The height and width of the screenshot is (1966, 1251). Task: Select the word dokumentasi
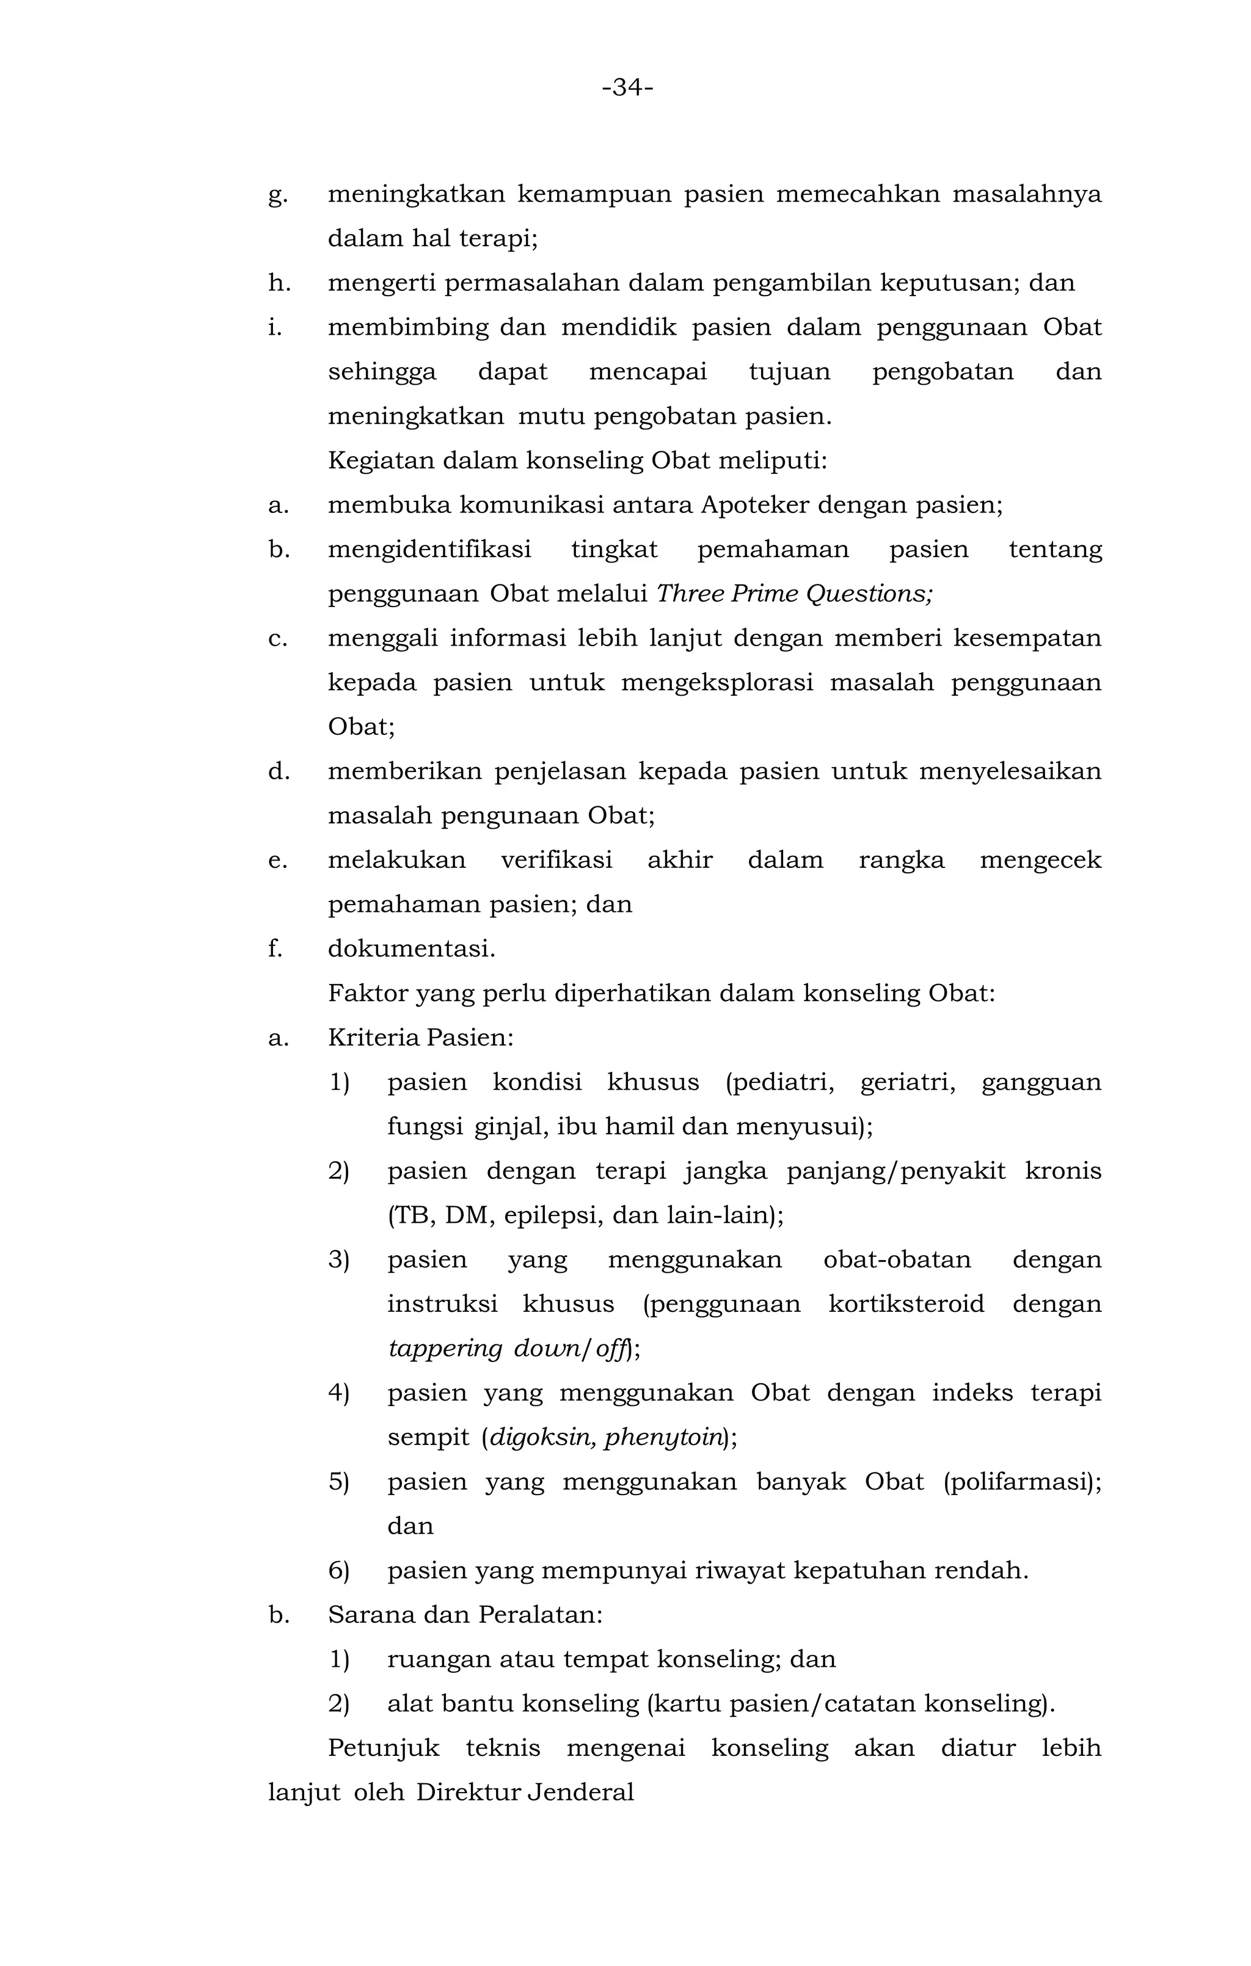[410, 948]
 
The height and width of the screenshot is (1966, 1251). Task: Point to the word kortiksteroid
[906, 1303]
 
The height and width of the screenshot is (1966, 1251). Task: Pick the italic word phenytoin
[663, 1437]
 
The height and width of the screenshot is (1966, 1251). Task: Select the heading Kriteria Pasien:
[420, 1038]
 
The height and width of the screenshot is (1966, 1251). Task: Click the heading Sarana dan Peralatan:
[465, 1614]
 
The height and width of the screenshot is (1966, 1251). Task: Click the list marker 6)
[339, 1570]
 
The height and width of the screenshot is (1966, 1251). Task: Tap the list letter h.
[279, 283]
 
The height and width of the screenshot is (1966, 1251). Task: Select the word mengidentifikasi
[429, 550]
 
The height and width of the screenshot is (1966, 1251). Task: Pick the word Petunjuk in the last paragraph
[383, 1747]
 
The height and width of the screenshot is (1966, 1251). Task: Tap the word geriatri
[907, 1083]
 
